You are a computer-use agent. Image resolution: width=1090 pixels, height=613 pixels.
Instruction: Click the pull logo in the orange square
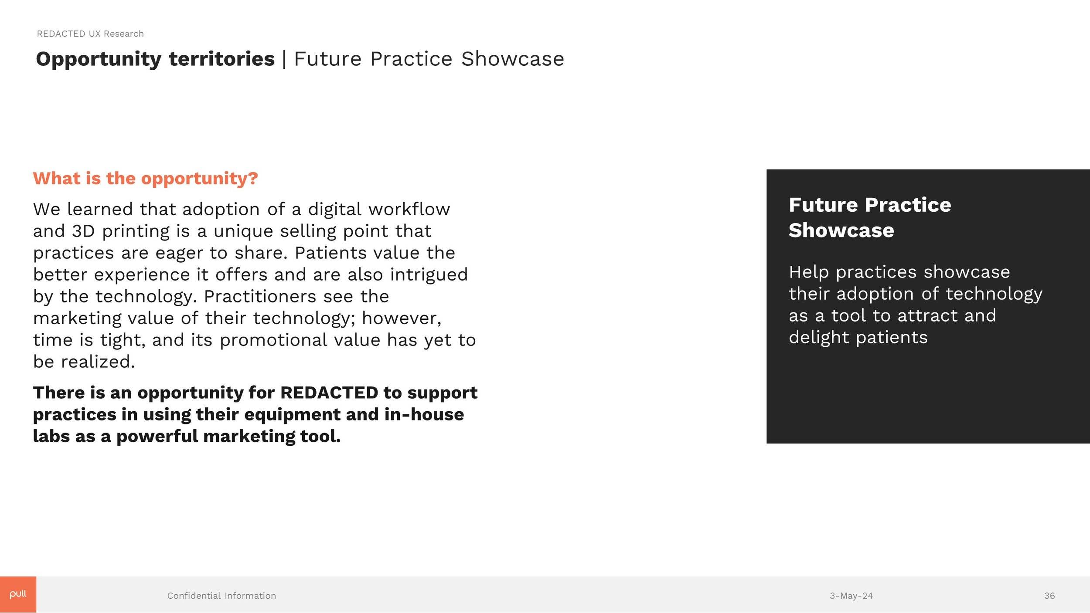point(18,594)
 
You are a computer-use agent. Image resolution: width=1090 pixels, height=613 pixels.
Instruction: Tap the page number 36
point(1049,596)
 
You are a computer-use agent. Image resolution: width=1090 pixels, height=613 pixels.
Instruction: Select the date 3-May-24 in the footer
point(851,596)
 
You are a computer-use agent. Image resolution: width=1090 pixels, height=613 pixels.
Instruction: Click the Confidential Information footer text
point(221,596)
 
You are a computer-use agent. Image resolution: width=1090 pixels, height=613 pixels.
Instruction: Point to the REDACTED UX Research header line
point(90,34)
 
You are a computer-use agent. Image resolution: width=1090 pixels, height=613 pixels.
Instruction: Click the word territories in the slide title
point(221,59)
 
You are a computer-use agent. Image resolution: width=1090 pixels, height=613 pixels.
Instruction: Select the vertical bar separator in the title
point(284,59)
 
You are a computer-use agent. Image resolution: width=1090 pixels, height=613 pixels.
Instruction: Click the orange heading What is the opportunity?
point(145,178)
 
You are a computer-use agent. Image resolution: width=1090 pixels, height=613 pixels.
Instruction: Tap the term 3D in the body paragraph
point(83,231)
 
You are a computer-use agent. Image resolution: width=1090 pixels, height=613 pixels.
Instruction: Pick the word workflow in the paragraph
point(409,209)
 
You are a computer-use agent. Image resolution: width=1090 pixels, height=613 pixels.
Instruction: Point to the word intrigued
point(429,274)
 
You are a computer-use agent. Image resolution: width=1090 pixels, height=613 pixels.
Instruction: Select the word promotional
point(273,340)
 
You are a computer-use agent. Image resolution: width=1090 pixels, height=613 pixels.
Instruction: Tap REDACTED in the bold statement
point(329,393)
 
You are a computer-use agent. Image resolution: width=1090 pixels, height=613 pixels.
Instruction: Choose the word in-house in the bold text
point(424,414)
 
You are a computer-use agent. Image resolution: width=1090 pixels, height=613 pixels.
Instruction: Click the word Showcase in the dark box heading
point(841,230)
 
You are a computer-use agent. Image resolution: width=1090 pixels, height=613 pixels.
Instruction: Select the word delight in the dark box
point(818,338)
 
